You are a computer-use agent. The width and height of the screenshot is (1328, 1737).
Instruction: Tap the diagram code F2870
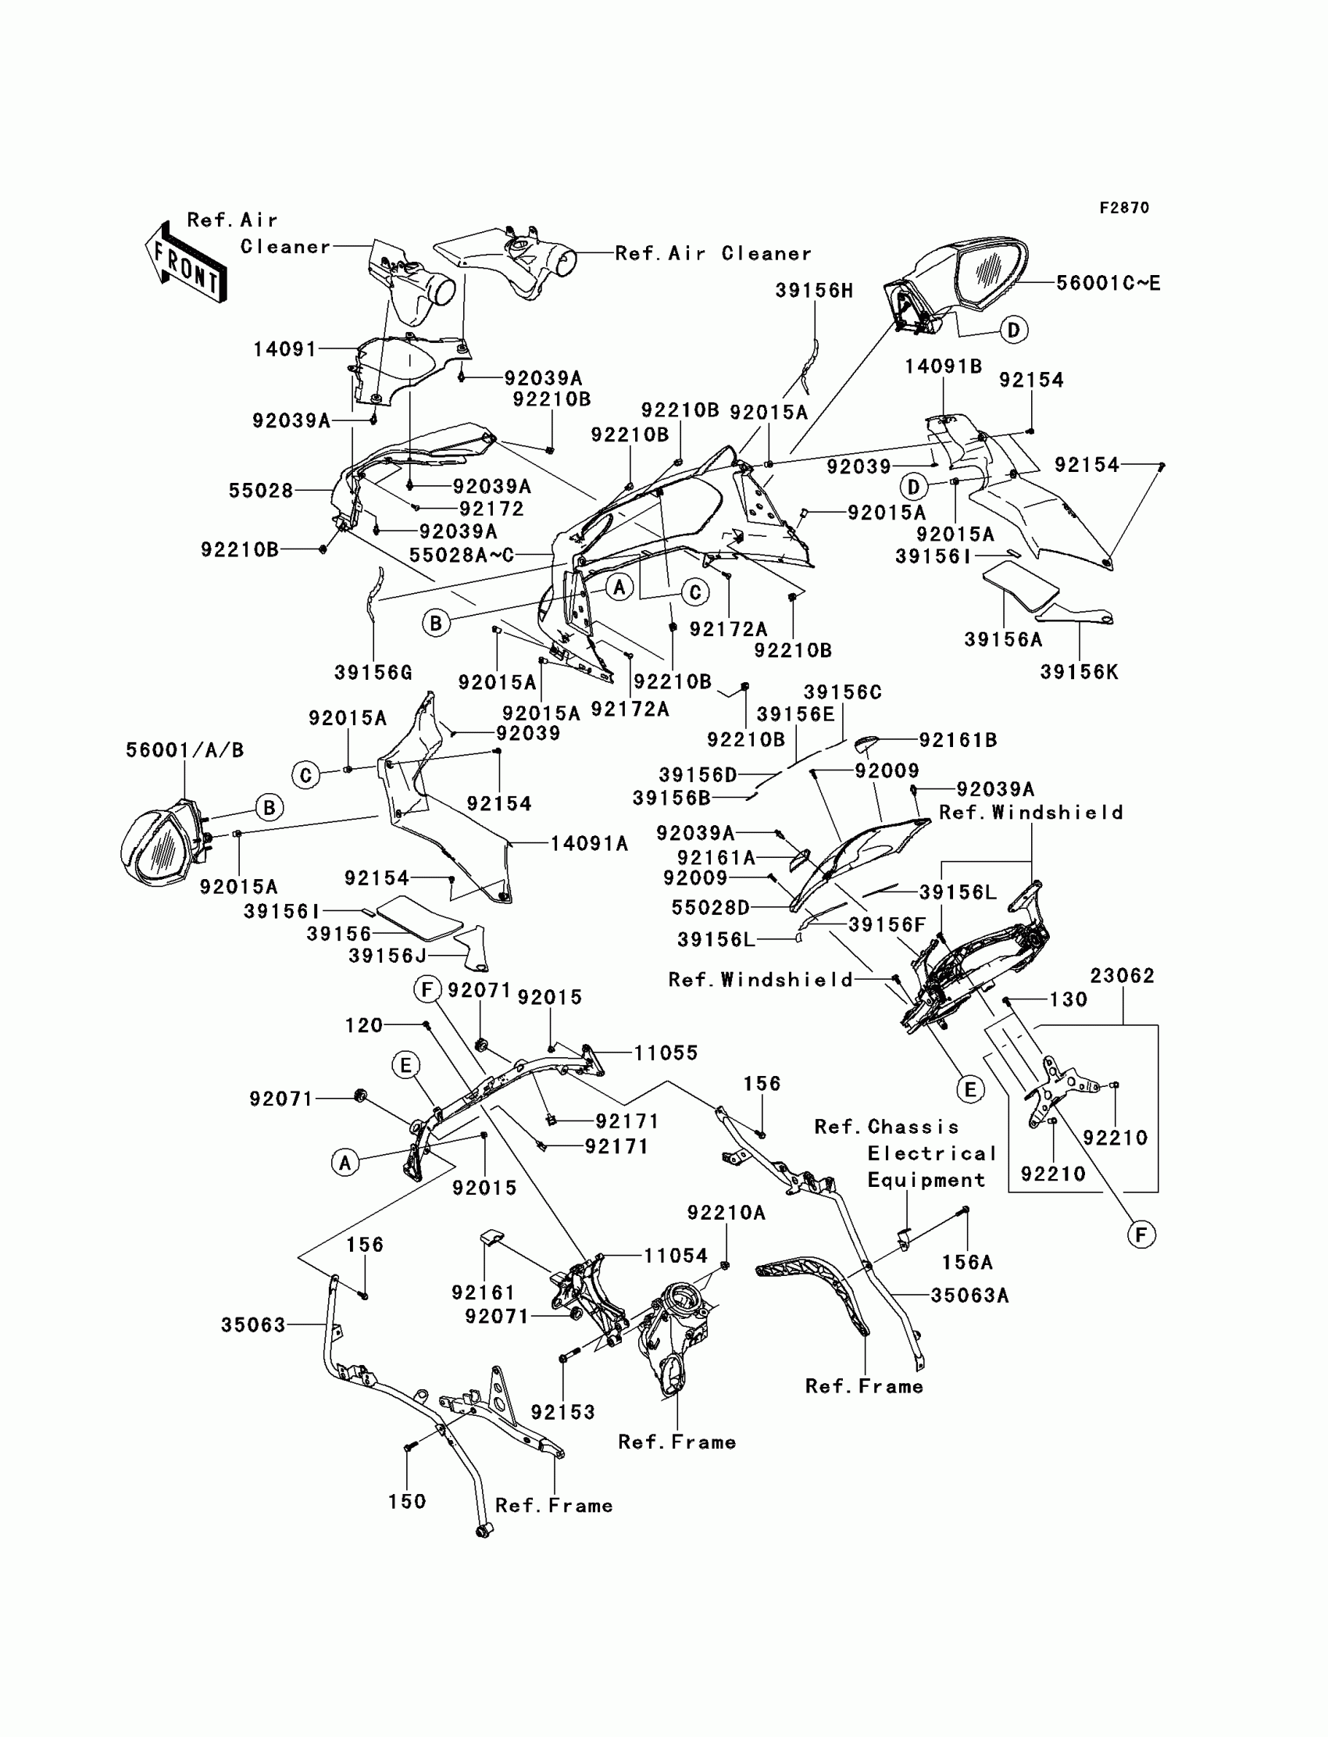coord(1124,208)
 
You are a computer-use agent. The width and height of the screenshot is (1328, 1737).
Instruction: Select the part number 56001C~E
coord(1108,283)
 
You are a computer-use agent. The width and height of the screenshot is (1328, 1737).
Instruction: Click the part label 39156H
coord(814,291)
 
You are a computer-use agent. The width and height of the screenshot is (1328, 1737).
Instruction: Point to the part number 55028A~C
coord(462,555)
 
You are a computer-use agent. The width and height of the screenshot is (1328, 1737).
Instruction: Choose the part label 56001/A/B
coord(185,749)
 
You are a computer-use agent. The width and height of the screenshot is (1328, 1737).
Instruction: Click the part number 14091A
coord(590,845)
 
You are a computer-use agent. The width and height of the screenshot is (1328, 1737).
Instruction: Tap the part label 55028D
coord(711,908)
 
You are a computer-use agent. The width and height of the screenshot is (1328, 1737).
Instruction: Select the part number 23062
coord(1123,976)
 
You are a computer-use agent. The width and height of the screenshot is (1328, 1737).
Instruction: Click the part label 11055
coord(666,1053)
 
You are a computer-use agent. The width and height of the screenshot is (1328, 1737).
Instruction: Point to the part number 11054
coord(675,1256)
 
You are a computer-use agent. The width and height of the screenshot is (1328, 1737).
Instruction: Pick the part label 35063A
coord(969,1295)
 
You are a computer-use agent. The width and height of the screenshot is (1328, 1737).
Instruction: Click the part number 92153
coord(562,1412)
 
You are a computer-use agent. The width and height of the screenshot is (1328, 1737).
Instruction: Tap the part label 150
coord(407,1501)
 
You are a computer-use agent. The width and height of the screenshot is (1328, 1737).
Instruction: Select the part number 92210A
coord(726,1213)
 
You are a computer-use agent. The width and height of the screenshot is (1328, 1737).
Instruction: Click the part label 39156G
coord(373,673)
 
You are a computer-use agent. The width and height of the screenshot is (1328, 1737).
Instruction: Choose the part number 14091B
coord(943,366)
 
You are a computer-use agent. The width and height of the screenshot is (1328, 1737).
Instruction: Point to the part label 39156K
coord(1079,672)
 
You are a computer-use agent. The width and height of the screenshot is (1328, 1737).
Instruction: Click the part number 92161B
coord(958,740)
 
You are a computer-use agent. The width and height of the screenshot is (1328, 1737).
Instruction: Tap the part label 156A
coord(968,1263)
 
